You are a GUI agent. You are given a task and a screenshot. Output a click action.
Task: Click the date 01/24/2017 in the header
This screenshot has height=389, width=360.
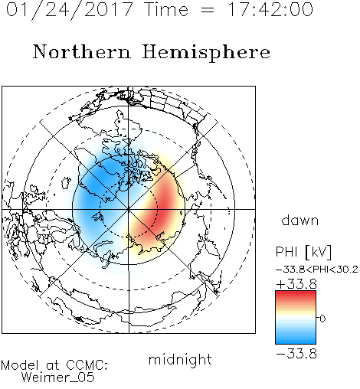pos(70,10)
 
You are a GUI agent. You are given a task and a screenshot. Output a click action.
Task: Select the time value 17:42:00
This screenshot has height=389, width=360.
pos(270,9)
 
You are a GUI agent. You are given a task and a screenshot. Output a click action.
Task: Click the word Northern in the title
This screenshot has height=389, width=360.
pos(82,52)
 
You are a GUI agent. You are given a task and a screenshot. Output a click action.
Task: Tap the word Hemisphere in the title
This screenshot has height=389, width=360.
pos(206,52)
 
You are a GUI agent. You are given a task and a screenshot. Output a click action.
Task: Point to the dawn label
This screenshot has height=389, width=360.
pos(300,221)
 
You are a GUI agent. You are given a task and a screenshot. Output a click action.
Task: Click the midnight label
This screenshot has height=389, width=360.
pos(180,359)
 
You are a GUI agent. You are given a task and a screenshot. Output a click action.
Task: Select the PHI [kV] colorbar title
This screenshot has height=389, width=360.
pos(303,252)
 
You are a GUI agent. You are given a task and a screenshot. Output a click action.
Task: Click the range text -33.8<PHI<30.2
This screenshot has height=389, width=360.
pos(317,270)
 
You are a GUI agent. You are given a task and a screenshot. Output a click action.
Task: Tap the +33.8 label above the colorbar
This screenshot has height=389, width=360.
pos(296,284)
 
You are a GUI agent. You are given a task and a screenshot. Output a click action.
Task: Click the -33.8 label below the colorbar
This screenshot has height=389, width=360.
pos(296,354)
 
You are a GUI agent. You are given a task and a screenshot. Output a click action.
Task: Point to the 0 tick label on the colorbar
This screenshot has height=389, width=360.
pos(322,319)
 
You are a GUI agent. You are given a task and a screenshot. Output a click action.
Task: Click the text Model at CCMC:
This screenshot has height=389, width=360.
pos(54,365)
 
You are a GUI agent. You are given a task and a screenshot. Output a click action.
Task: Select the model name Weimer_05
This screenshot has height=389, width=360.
pos(58,378)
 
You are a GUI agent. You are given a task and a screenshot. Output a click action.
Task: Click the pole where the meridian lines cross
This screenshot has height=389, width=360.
pos(129,209)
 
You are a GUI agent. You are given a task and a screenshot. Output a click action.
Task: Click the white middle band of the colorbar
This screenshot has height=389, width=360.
pos(296,318)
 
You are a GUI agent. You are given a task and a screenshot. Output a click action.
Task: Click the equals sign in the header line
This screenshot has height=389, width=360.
pos(208,10)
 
